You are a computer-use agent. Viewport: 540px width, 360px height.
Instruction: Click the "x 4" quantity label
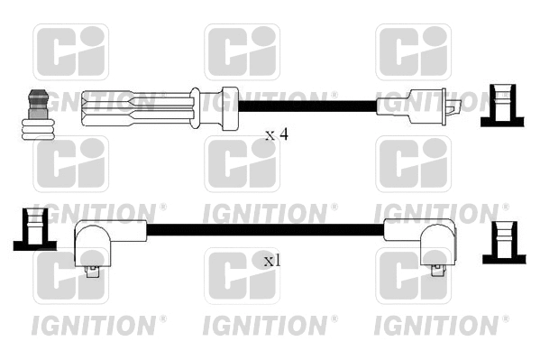pyautogui.click(x=276, y=134)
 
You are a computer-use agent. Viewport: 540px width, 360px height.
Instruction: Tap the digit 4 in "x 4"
pyautogui.click(x=283, y=134)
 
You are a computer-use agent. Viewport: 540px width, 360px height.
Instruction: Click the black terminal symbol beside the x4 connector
pyautogui.click(x=501, y=105)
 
